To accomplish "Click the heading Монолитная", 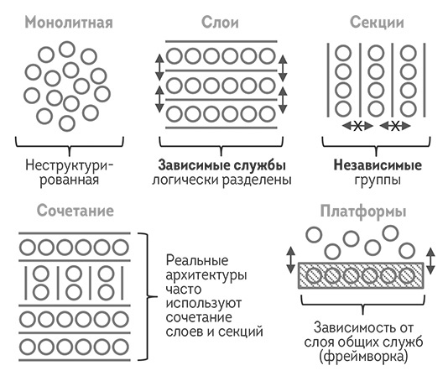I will tap(68, 22).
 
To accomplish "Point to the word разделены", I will tap(256, 180).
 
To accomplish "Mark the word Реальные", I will tap(193, 259).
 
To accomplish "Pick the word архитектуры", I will tap(202, 274).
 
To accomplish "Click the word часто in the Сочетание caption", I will tap(182, 289).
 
